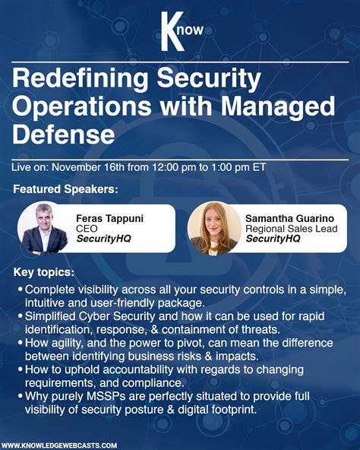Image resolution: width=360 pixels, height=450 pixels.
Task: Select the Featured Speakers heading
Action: [x=66, y=189]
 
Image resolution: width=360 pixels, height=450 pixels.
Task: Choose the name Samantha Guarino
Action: [x=289, y=218]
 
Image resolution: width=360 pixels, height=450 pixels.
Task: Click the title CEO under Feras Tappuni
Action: [x=87, y=229]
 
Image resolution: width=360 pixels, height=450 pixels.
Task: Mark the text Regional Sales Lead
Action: [x=290, y=229]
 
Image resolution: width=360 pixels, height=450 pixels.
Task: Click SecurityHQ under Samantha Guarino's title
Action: [x=273, y=239]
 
